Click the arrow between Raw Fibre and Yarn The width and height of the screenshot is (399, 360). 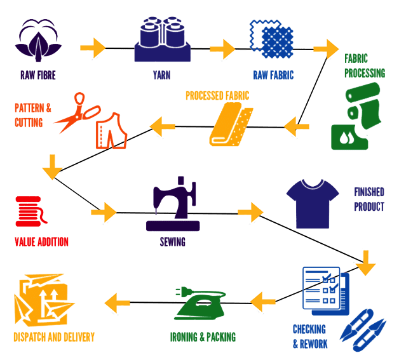(94, 48)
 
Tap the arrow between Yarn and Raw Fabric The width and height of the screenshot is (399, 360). (222, 48)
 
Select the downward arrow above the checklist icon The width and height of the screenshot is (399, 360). (366, 262)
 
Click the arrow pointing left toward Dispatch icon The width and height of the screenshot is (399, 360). (118, 301)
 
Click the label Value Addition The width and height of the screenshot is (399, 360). (41, 242)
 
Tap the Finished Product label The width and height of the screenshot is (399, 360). (369, 199)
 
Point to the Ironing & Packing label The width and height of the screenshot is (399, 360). (203, 337)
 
